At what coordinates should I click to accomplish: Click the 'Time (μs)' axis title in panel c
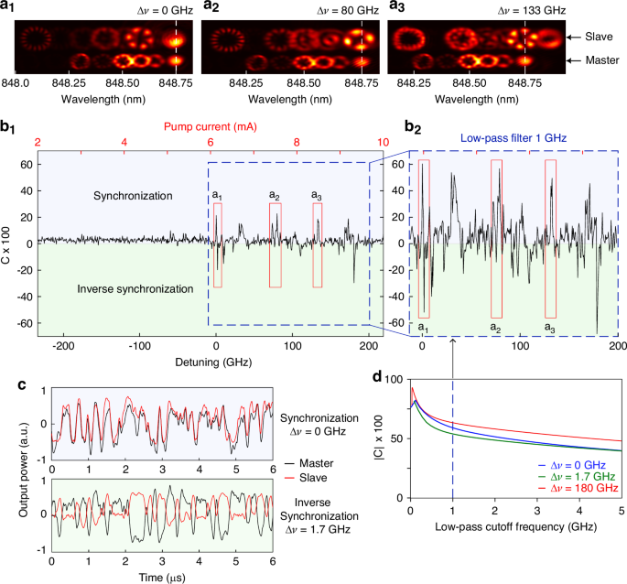pyautogui.click(x=160, y=576)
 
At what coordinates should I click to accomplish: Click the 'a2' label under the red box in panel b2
pyautogui.click(x=495, y=327)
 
